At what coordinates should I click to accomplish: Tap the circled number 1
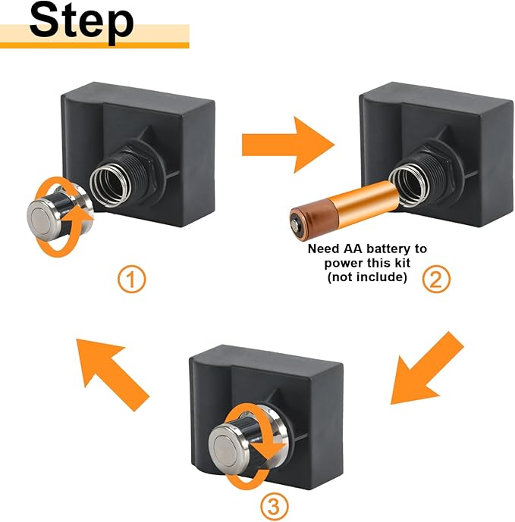131,280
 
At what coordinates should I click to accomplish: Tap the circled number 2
435,280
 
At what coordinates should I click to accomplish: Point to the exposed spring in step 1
110,183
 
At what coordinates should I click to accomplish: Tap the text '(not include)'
366,277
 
